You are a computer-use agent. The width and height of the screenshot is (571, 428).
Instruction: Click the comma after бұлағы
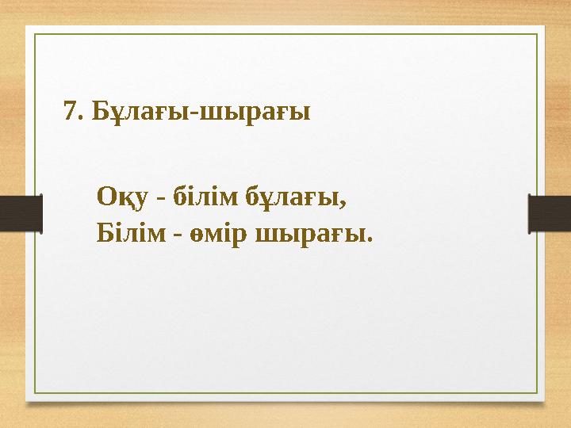point(345,202)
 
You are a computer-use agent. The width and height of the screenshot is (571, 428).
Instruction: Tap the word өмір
point(220,235)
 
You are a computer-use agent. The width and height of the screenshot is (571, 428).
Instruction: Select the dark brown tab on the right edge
point(550,214)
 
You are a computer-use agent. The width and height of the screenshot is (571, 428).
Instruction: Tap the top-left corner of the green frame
point(34,34)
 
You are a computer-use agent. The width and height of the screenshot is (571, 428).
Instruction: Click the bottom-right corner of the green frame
point(537,393)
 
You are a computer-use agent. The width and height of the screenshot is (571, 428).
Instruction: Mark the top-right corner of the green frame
point(537,34)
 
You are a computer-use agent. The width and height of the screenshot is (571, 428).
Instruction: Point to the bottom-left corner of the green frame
point(34,393)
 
